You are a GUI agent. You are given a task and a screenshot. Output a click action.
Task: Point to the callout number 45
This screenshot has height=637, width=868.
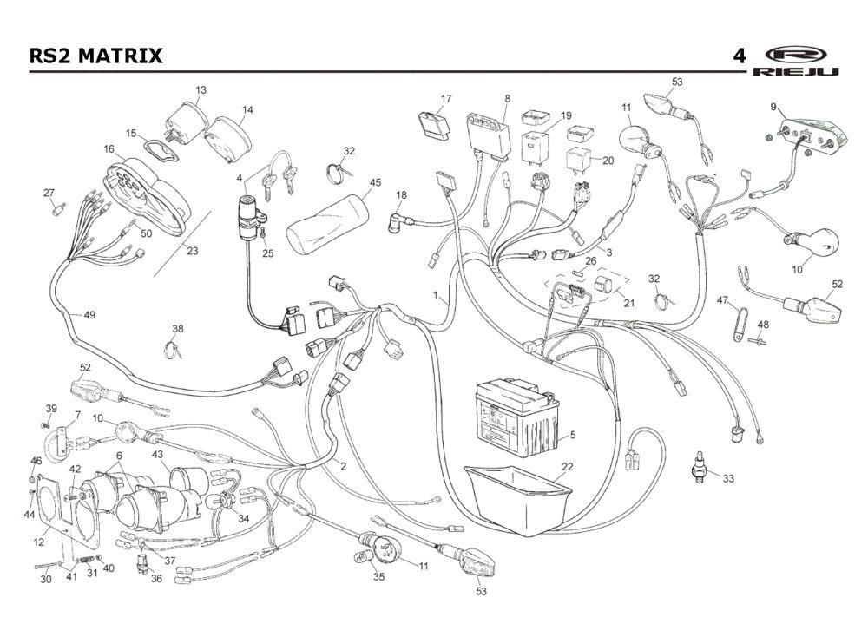tap(375, 183)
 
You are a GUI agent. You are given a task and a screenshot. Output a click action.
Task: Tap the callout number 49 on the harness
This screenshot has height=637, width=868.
tap(89, 315)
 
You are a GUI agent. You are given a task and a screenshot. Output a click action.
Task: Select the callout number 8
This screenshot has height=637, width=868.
tap(507, 99)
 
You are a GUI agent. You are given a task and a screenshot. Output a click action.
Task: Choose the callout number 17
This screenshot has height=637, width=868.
tap(446, 98)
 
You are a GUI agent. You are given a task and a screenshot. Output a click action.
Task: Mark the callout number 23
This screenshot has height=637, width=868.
tap(193, 252)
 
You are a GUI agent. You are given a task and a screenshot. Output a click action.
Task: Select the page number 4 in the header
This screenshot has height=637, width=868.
tap(739, 56)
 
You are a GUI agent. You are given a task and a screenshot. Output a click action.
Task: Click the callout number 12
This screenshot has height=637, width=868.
tap(39, 543)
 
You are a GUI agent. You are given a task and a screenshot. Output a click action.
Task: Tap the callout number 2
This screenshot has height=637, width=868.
tap(343, 466)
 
